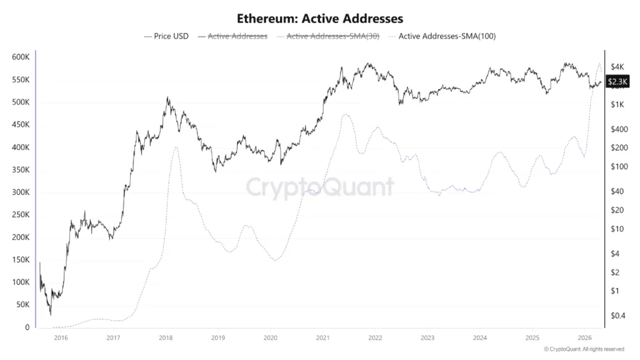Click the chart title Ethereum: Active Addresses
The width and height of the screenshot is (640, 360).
point(319,19)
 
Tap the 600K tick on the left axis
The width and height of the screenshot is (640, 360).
point(21,57)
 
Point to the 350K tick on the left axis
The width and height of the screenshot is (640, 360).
point(21,170)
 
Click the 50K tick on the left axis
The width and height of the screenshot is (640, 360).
point(22,305)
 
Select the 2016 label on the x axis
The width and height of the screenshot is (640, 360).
point(61,338)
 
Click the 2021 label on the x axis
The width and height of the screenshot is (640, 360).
point(322,338)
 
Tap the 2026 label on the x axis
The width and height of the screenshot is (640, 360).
point(584,338)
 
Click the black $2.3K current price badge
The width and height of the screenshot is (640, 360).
point(617,81)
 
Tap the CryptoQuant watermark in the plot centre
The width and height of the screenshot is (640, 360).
point(319,187)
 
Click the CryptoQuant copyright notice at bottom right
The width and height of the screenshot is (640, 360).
point(584,349)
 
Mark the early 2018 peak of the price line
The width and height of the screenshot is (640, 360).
point(167,97)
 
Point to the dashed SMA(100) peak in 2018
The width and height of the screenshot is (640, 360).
point(176,147)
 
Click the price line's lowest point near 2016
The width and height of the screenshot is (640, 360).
point(51,314)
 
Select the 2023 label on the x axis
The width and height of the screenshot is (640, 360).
point(427,338)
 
